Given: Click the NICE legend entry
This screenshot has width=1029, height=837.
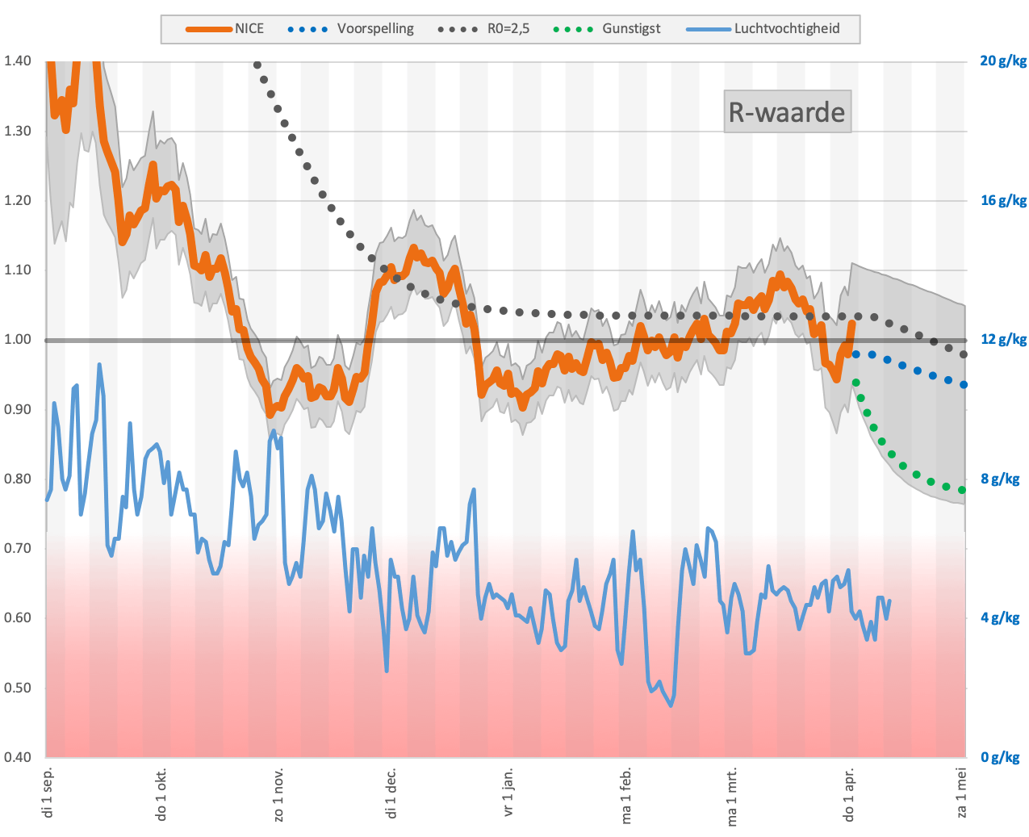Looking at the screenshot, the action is [224, 29].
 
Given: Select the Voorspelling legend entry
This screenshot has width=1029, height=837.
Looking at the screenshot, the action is [351, 29].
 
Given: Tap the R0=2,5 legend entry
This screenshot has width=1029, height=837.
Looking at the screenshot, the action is [483, 29].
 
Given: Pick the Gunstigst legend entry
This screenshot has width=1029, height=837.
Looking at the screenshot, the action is [607, 29].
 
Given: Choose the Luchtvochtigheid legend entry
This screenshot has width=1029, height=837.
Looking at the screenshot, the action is [763, 29].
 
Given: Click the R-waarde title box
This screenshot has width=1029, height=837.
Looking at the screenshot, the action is [787, 111].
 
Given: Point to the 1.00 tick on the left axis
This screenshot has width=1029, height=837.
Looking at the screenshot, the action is [18, 340].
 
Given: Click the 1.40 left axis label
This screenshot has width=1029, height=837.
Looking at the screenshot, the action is [18, 61].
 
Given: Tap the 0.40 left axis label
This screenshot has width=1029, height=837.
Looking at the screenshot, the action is [18, 757].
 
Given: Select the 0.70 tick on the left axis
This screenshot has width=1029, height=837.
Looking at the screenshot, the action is [18, 548].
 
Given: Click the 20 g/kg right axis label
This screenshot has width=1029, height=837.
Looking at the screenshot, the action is [1003, 61].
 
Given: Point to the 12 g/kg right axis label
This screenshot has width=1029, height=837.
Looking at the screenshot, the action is [1003, 340].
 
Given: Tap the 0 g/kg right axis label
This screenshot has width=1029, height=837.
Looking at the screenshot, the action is [999, 757].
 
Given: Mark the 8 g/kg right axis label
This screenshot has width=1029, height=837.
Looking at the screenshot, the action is [999, 479].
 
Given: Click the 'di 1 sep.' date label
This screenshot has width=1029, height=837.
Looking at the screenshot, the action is [48, 793].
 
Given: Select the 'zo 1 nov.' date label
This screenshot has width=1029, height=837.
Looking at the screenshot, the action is [278, 794].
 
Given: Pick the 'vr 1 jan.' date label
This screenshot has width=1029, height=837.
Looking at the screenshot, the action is [508, 792].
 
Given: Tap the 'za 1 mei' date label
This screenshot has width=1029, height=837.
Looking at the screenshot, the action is [961, 793].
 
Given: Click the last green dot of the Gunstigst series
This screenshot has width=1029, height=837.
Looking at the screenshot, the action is [961, 490].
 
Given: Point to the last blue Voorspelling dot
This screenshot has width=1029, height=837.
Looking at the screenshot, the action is [964, 384].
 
